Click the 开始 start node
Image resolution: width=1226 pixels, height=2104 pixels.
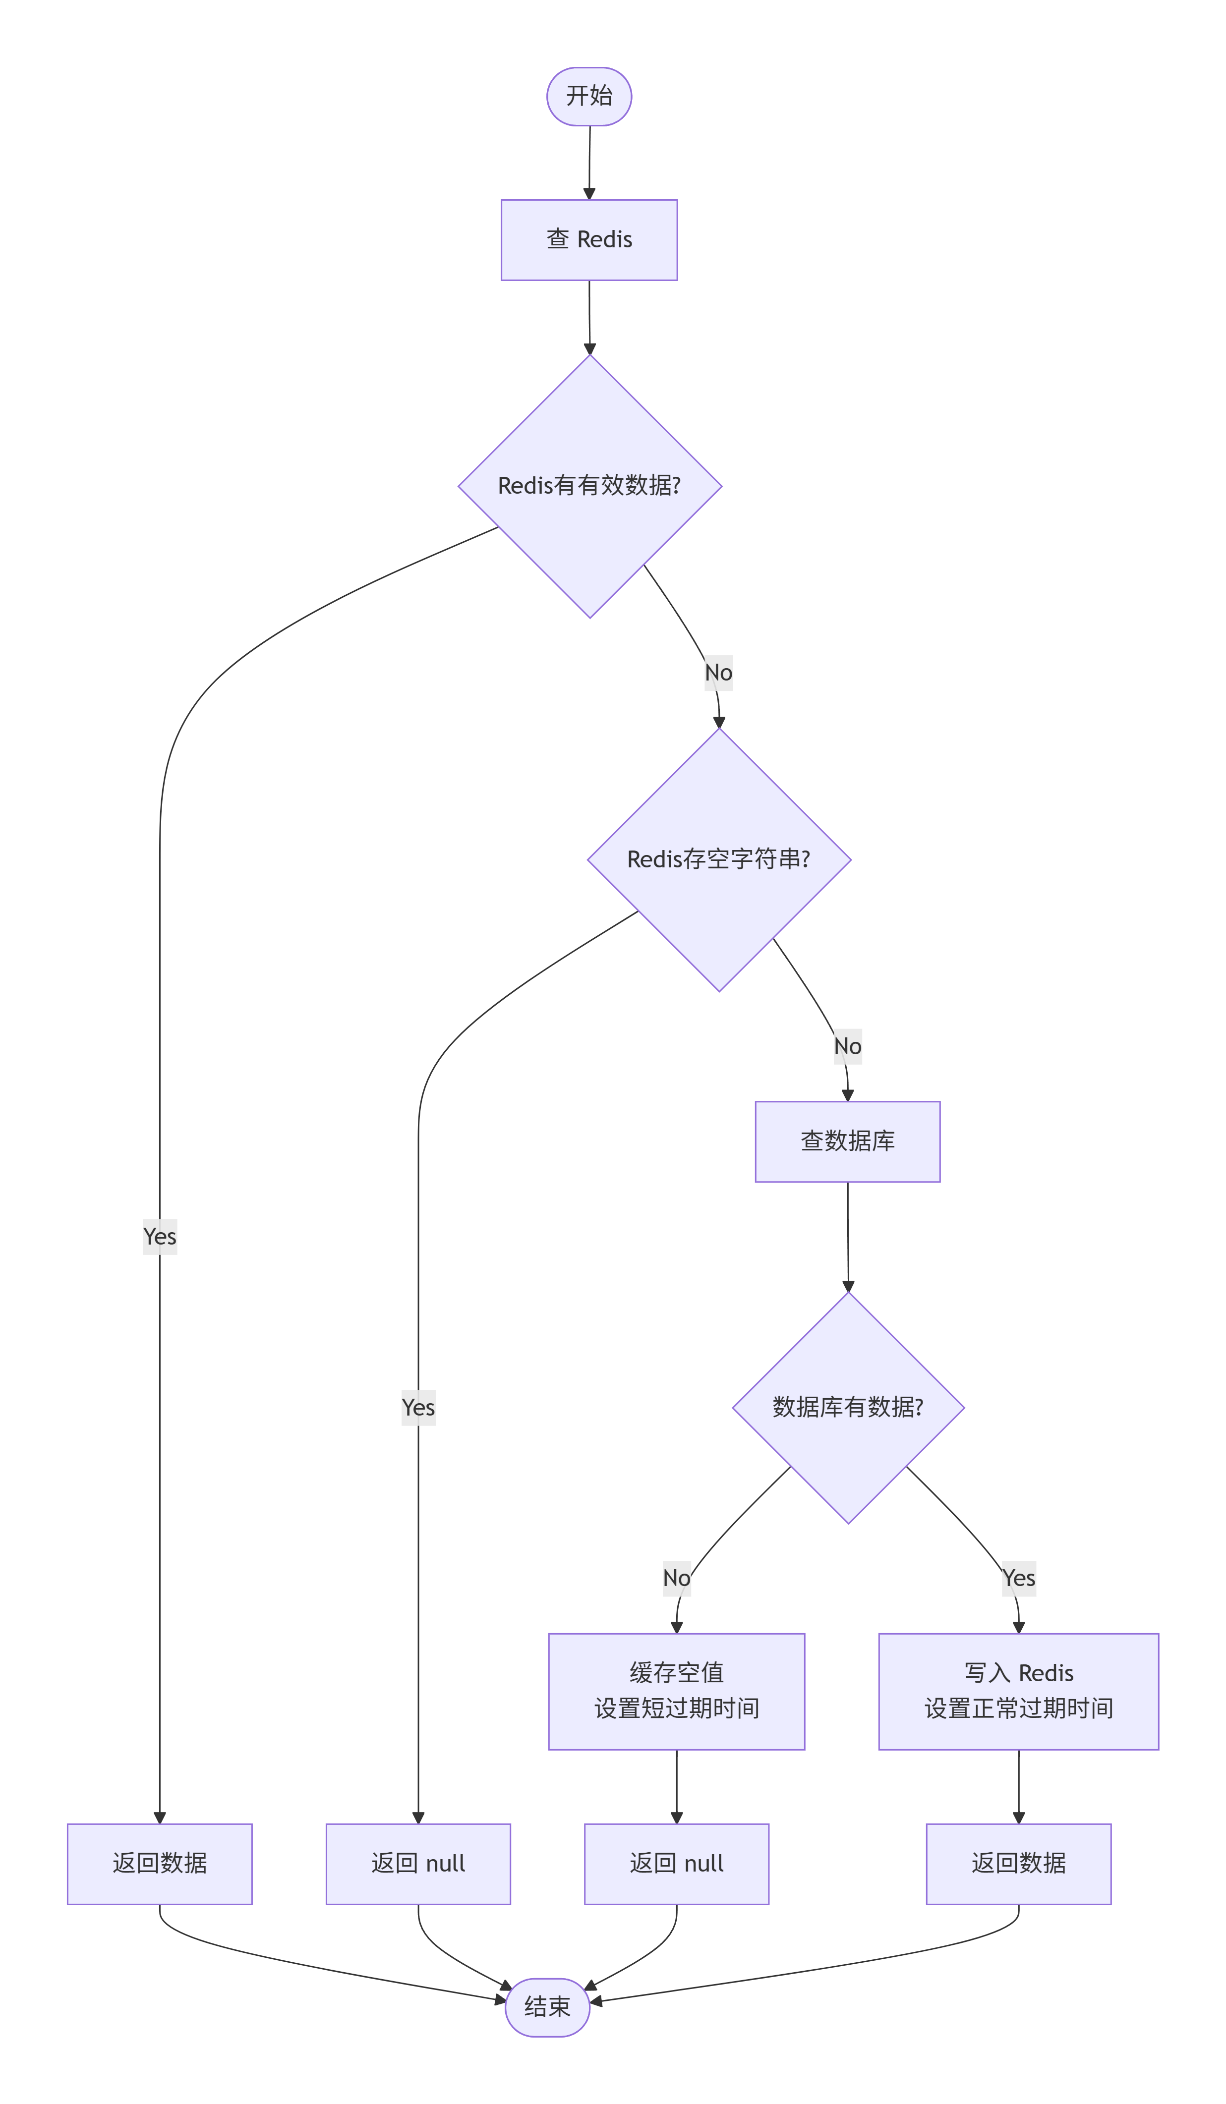pyautogui.click(x=589, y=96)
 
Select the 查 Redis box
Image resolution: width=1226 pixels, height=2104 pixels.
pyautogui.click(x=589, y=239)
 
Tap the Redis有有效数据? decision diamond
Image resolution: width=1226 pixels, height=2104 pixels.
pyautogui.click(x=589, y=486)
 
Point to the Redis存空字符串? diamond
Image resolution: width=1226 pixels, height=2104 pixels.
pyautogui.click(x=719, y=860)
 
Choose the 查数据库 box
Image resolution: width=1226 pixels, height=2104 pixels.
pyautogui.click(x=848, y=1141)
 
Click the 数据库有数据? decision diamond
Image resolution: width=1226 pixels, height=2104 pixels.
pyautogui.click(x=849, y=1408)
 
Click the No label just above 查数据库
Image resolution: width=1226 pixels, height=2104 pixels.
pyautogui.click(x=848, y=1046)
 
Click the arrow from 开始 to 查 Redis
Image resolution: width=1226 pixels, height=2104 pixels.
pyautogui.click(x=589, y=163)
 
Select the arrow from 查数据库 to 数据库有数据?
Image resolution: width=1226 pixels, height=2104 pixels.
pyautogui.click(x=848, y=1237)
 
